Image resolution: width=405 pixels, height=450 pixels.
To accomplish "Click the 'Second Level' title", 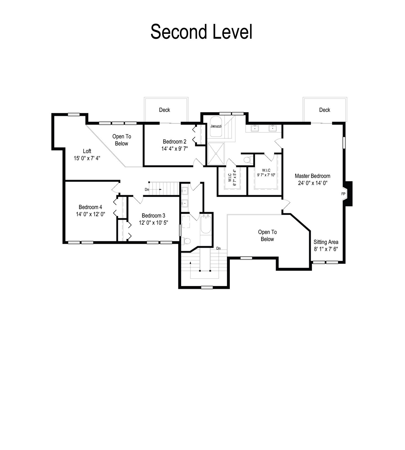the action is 201,32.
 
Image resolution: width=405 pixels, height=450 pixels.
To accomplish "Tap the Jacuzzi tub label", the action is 216,126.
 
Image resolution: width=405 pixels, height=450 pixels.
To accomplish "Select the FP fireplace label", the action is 343,194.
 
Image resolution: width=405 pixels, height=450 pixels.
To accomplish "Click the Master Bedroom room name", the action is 312,176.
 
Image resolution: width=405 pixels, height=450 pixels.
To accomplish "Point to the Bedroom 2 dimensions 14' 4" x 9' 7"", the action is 174,149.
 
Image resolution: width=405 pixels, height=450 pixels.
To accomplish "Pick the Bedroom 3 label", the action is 153,216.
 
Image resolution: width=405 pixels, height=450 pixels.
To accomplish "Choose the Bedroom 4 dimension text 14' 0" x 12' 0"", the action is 90,214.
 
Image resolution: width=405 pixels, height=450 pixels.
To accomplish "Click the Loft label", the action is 87,151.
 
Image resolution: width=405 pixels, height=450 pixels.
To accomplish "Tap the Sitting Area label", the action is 326,242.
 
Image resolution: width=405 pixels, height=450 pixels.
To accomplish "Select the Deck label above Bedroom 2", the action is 165,110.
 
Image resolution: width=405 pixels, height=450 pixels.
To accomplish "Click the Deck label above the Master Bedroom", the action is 325,110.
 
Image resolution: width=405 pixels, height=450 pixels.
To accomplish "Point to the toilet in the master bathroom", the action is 248,160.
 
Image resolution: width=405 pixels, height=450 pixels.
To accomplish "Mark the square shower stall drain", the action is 216,154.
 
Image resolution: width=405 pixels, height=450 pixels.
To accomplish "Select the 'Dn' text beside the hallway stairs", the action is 147,190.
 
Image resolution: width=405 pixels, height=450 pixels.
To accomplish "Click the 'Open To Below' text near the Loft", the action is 122,140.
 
